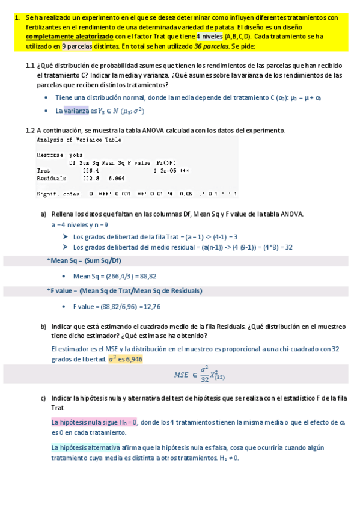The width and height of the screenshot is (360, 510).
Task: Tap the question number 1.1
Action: coord(30,66)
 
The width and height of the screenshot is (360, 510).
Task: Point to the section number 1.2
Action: coord(30,130)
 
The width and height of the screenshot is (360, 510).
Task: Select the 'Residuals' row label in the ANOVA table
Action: coord(51,178)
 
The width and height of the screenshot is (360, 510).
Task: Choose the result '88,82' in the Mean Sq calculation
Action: coord(148,276)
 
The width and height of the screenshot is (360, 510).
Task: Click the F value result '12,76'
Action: coord(150,306)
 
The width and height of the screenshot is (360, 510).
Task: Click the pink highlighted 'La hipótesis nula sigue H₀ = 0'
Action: coord(94,422)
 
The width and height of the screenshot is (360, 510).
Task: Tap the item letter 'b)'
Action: coord(43,326)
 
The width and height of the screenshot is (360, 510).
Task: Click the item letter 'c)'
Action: coord(43,398)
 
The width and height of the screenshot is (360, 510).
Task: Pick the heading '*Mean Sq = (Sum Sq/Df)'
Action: coord(84,260)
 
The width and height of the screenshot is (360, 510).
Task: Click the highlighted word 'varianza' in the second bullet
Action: coord(76,111)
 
